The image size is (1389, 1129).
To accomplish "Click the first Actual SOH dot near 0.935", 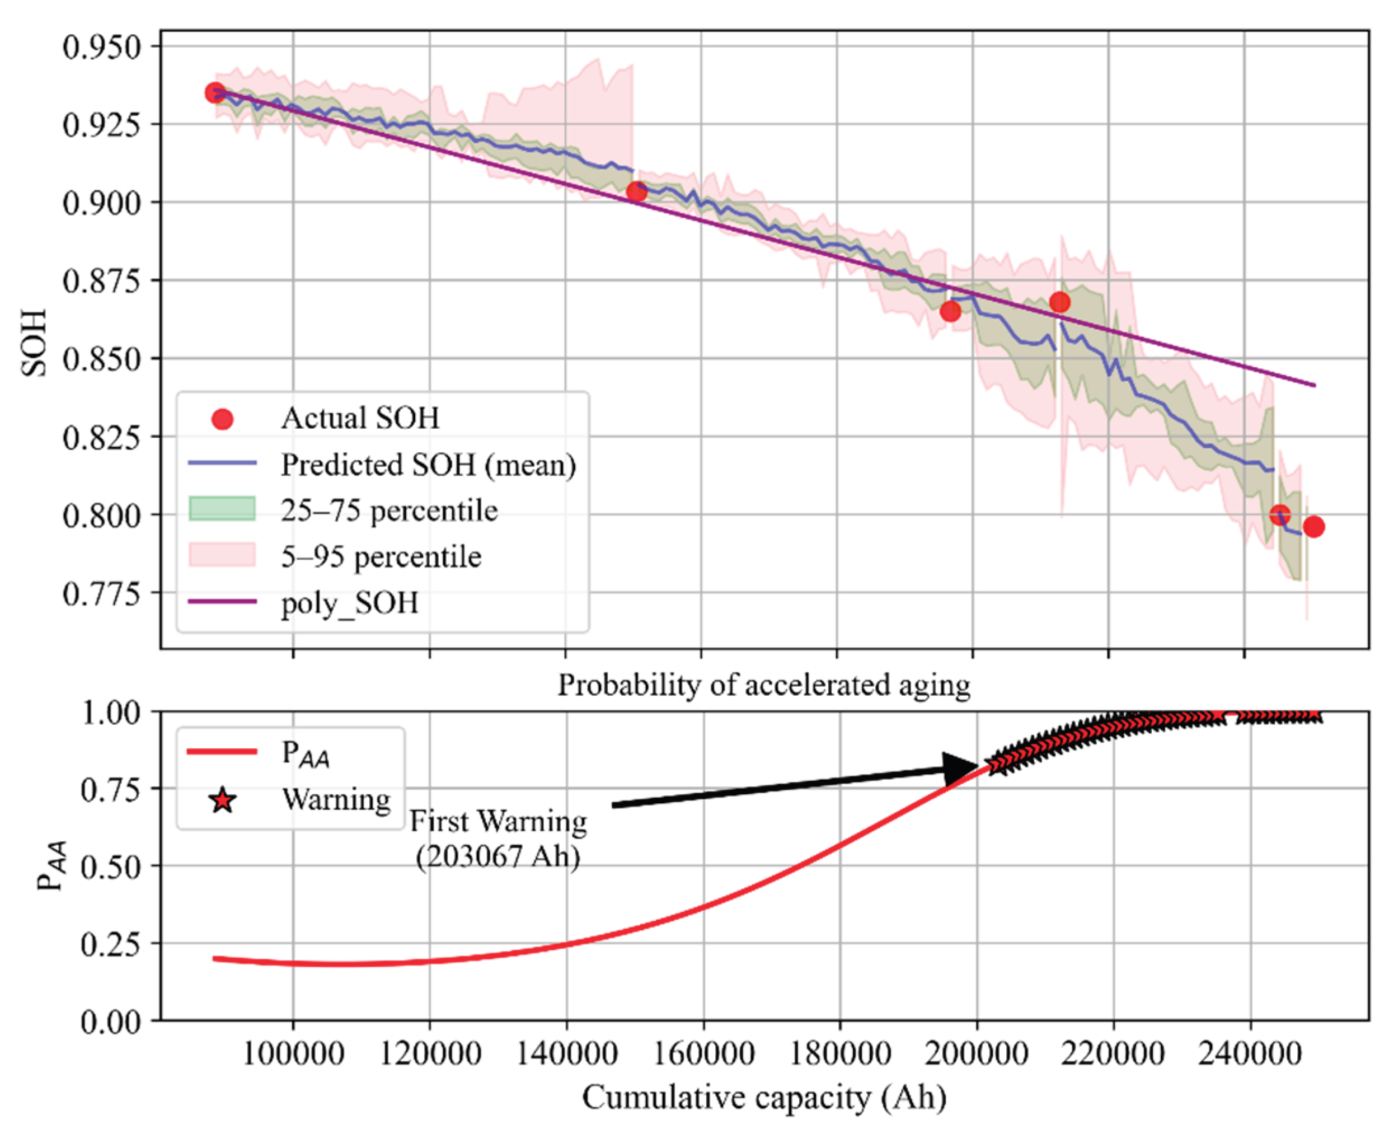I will (x=215, y=93).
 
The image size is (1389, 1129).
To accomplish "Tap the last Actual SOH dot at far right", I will (x=1313, y=527).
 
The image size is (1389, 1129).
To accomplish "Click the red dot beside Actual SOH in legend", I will (x=222, y=419).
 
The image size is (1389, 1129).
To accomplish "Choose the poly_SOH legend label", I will (x=349, y=603).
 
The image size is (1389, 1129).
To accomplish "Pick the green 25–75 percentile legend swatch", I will (x=222, y=509).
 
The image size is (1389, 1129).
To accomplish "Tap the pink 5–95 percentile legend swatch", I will (x=222, y=555).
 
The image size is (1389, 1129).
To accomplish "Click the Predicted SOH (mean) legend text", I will (x=428, y=465).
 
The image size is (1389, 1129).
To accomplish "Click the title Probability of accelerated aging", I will (x=764, y=685).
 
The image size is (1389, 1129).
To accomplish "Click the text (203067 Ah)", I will (x=498, y=856).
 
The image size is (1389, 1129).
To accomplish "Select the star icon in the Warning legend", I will (x=222, y=800).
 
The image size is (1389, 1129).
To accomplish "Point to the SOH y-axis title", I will (x=34, y=343).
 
